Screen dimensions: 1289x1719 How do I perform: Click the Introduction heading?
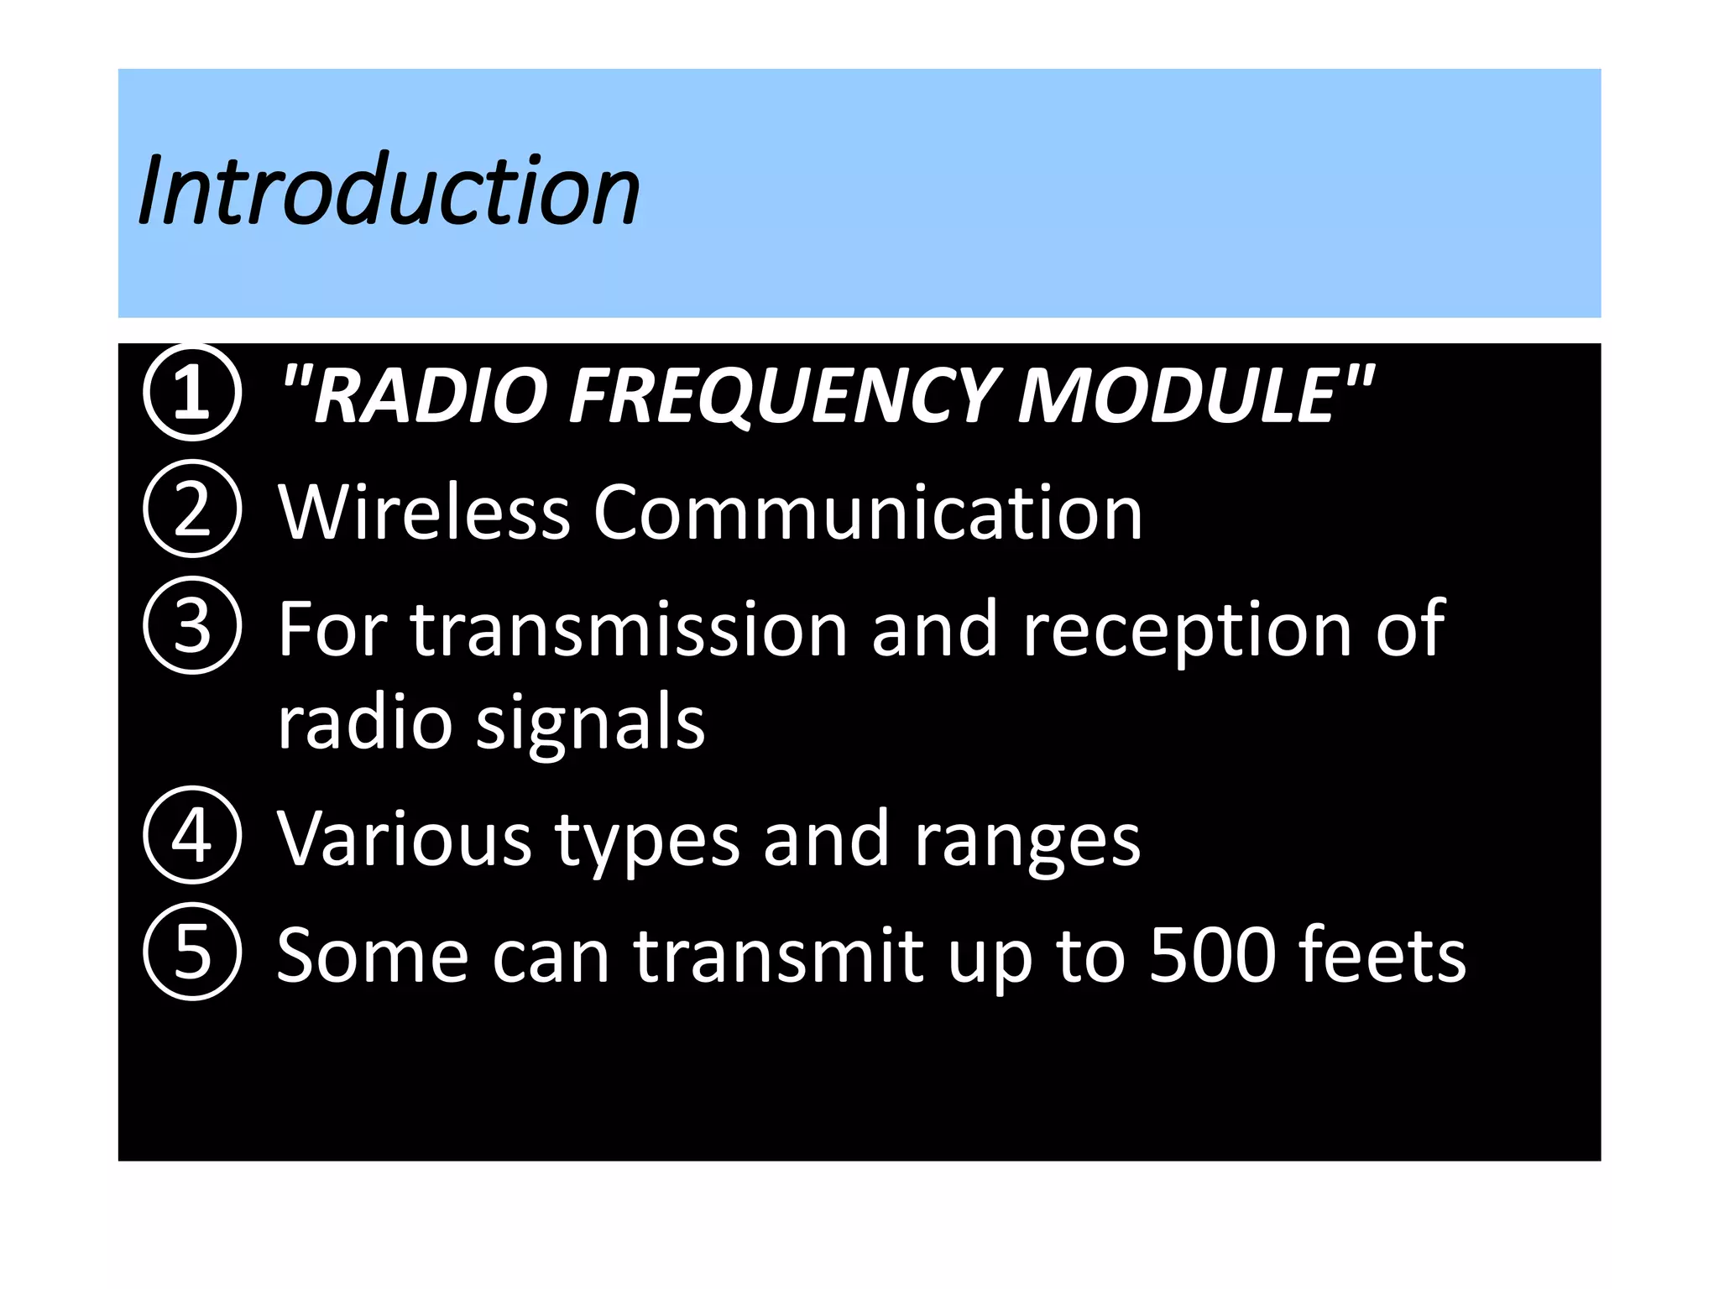(389, 191)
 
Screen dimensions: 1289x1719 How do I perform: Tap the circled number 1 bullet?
(192, 392)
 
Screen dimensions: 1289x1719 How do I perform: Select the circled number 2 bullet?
(192, 509)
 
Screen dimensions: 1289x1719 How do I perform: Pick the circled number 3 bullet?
(192, 625)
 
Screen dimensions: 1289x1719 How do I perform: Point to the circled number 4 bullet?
(192, 835)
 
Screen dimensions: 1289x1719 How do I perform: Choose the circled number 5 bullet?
(192, 952)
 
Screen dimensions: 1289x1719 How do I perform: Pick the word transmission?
(629, 629)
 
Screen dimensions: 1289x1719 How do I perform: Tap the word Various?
(404, 838)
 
